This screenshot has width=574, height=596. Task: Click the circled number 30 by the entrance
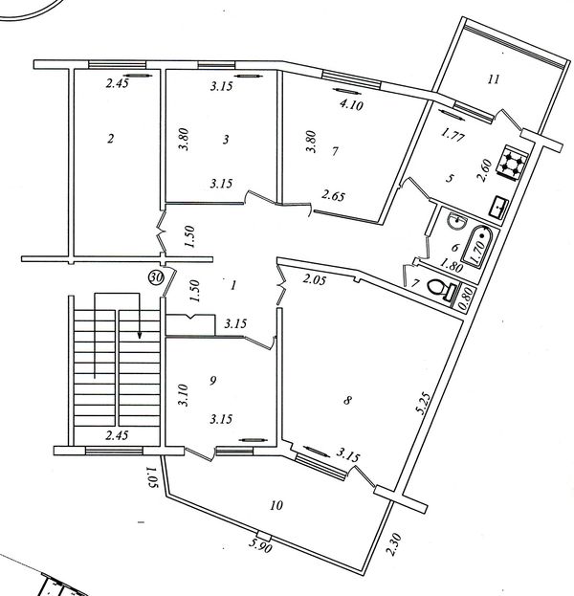156,277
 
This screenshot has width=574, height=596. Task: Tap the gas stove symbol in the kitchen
512,163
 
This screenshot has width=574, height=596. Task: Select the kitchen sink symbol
498,208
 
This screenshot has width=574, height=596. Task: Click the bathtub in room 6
479,247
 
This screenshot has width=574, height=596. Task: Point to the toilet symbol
443,289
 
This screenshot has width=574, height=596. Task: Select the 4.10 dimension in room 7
351,104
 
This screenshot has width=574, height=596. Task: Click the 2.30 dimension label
394,544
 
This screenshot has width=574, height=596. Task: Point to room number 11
493,79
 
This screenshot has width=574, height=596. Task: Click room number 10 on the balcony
276,505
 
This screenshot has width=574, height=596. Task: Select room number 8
347,400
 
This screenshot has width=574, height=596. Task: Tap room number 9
213,380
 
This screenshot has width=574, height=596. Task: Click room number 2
110,139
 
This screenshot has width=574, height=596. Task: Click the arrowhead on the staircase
140,335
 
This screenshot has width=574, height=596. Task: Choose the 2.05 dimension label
315,280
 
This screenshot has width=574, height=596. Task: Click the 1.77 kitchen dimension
453,135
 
